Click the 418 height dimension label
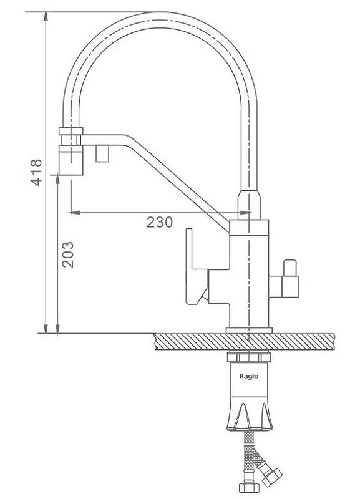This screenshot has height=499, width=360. [x=36, y=172]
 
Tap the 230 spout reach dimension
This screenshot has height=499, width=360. [x=160, y=222]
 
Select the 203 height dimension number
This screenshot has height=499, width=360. [x=68, y=254]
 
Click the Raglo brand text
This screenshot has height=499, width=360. [x=248, y=377]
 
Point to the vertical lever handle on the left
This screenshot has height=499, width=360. [x=190, y=267]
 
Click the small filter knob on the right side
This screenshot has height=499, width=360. [x=290, y=279]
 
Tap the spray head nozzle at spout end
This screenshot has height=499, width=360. [x=71, y=161]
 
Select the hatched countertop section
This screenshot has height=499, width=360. [x=244, y=342]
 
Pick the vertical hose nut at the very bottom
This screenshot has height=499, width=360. [x=249, y=488]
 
